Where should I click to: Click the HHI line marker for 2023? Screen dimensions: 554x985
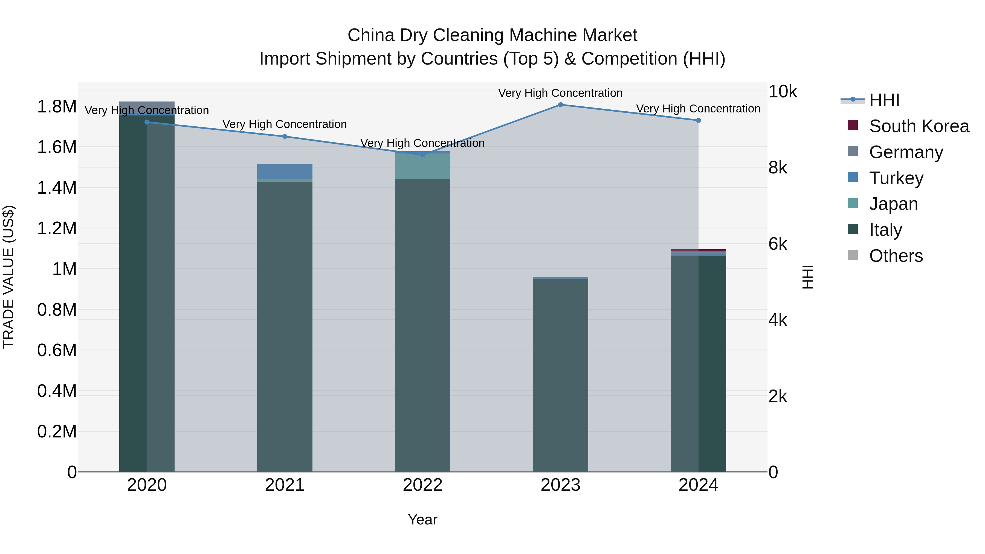[560, 105]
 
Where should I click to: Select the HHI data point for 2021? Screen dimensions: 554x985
[285, 137]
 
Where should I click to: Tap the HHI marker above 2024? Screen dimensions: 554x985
[698, 120]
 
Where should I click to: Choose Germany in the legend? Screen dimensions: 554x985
[906, 152]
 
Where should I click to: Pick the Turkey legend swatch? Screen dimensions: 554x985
[853, 177]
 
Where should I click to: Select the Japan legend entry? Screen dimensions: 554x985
[893, 204]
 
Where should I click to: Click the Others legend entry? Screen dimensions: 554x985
[896, 256]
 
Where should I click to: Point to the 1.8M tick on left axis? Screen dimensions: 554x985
[57, 107]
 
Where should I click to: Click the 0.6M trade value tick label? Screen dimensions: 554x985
[57, 350]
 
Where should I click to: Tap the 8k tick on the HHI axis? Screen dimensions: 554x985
[777, 168]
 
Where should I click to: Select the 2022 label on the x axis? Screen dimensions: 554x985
[422, 485]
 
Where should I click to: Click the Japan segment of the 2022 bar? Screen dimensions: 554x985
[422, 166]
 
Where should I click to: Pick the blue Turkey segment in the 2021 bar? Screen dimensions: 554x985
[285, 171]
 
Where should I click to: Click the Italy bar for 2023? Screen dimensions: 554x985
[560, 375]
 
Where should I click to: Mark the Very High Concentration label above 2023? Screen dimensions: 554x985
[560, 93]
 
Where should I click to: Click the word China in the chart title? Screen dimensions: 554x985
[370, 36]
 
